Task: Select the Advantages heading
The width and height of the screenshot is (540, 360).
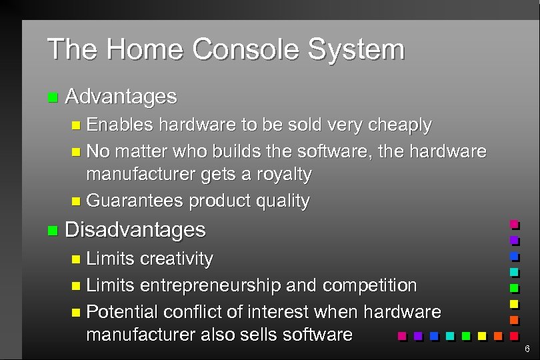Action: (x=121, y=97)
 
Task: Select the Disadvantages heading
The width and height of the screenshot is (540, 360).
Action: (x=135, y=230)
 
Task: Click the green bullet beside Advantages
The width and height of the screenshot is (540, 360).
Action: (x=53, y=98)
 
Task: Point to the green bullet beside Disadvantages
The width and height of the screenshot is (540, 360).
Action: (x=53, y=231)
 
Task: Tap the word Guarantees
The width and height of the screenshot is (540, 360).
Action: (x=135, y=201)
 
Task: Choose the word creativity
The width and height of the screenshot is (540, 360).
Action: (x=177, y=259)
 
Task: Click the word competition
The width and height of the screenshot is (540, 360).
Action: (x=370, y=286)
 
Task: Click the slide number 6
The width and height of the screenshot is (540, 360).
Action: (x=527, y=349)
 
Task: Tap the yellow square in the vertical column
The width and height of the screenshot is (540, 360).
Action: (x=514, y=305)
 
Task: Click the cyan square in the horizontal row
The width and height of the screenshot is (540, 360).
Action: (x=450, y=335)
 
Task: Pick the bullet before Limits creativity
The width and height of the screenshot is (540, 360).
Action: (x=76, y=259)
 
